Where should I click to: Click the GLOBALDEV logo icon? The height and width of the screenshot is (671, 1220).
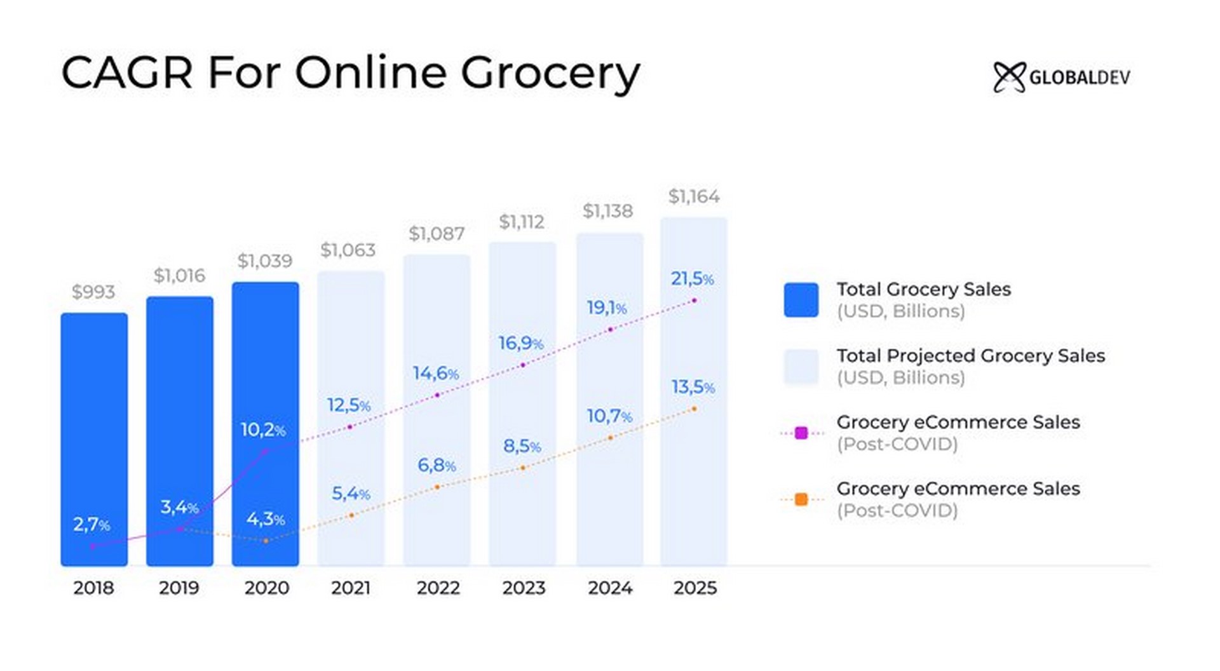pyautogui.click(x=1009, y=78)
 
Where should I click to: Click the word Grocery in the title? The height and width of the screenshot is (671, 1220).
pyautogui.click(x=550, y=73)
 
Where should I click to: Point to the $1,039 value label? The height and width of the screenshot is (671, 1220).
pyautogui.click(x=265, y=261)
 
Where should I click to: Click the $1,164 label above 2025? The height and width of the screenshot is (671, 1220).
pyautogui.click(x=694, y=196)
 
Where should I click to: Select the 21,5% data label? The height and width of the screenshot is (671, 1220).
pyautogui.click(x=692, y=278)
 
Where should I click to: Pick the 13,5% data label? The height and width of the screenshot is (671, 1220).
pyautogui.click(x=693, y=387)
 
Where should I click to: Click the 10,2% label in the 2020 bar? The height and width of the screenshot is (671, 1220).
pyautogui.click(x=263, y=430)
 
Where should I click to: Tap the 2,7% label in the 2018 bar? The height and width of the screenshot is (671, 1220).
pyautogui.click(x=91, y=525)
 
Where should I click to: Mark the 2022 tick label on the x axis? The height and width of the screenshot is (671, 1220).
pyautogui.click(x=438, y=588)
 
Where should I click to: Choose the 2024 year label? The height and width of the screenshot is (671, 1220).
pyautogui.click(x=609, y=588)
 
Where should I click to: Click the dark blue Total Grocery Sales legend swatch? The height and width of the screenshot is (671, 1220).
pyautogui.click(x=801, y=300)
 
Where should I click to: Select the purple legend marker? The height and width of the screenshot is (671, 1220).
pyautogui.click(x=801, y=433)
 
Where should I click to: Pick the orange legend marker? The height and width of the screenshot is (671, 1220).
pyautogui.click(x=801, y=499)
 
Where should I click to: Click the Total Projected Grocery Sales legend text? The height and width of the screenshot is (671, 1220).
pyautogui.click(x=970, y=356)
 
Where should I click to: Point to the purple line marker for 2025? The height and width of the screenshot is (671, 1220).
pyautogui.click(x=695, y=300)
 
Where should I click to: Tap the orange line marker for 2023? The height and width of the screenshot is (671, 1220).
pyautogui.click(x=523, y=468)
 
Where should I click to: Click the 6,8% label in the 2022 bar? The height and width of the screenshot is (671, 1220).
pyautogui.click(x=437, y=466)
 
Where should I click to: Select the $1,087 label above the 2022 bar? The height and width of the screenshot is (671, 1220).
pyautogui.click(x=437, y=234)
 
